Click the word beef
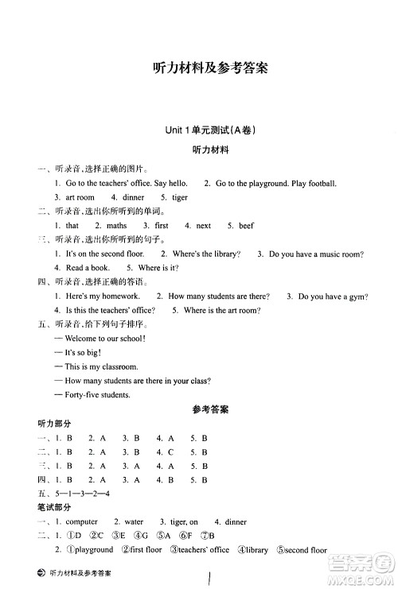246,226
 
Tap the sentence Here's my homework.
97,296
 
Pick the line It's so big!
78,352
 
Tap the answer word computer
82,522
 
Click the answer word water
133,522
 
